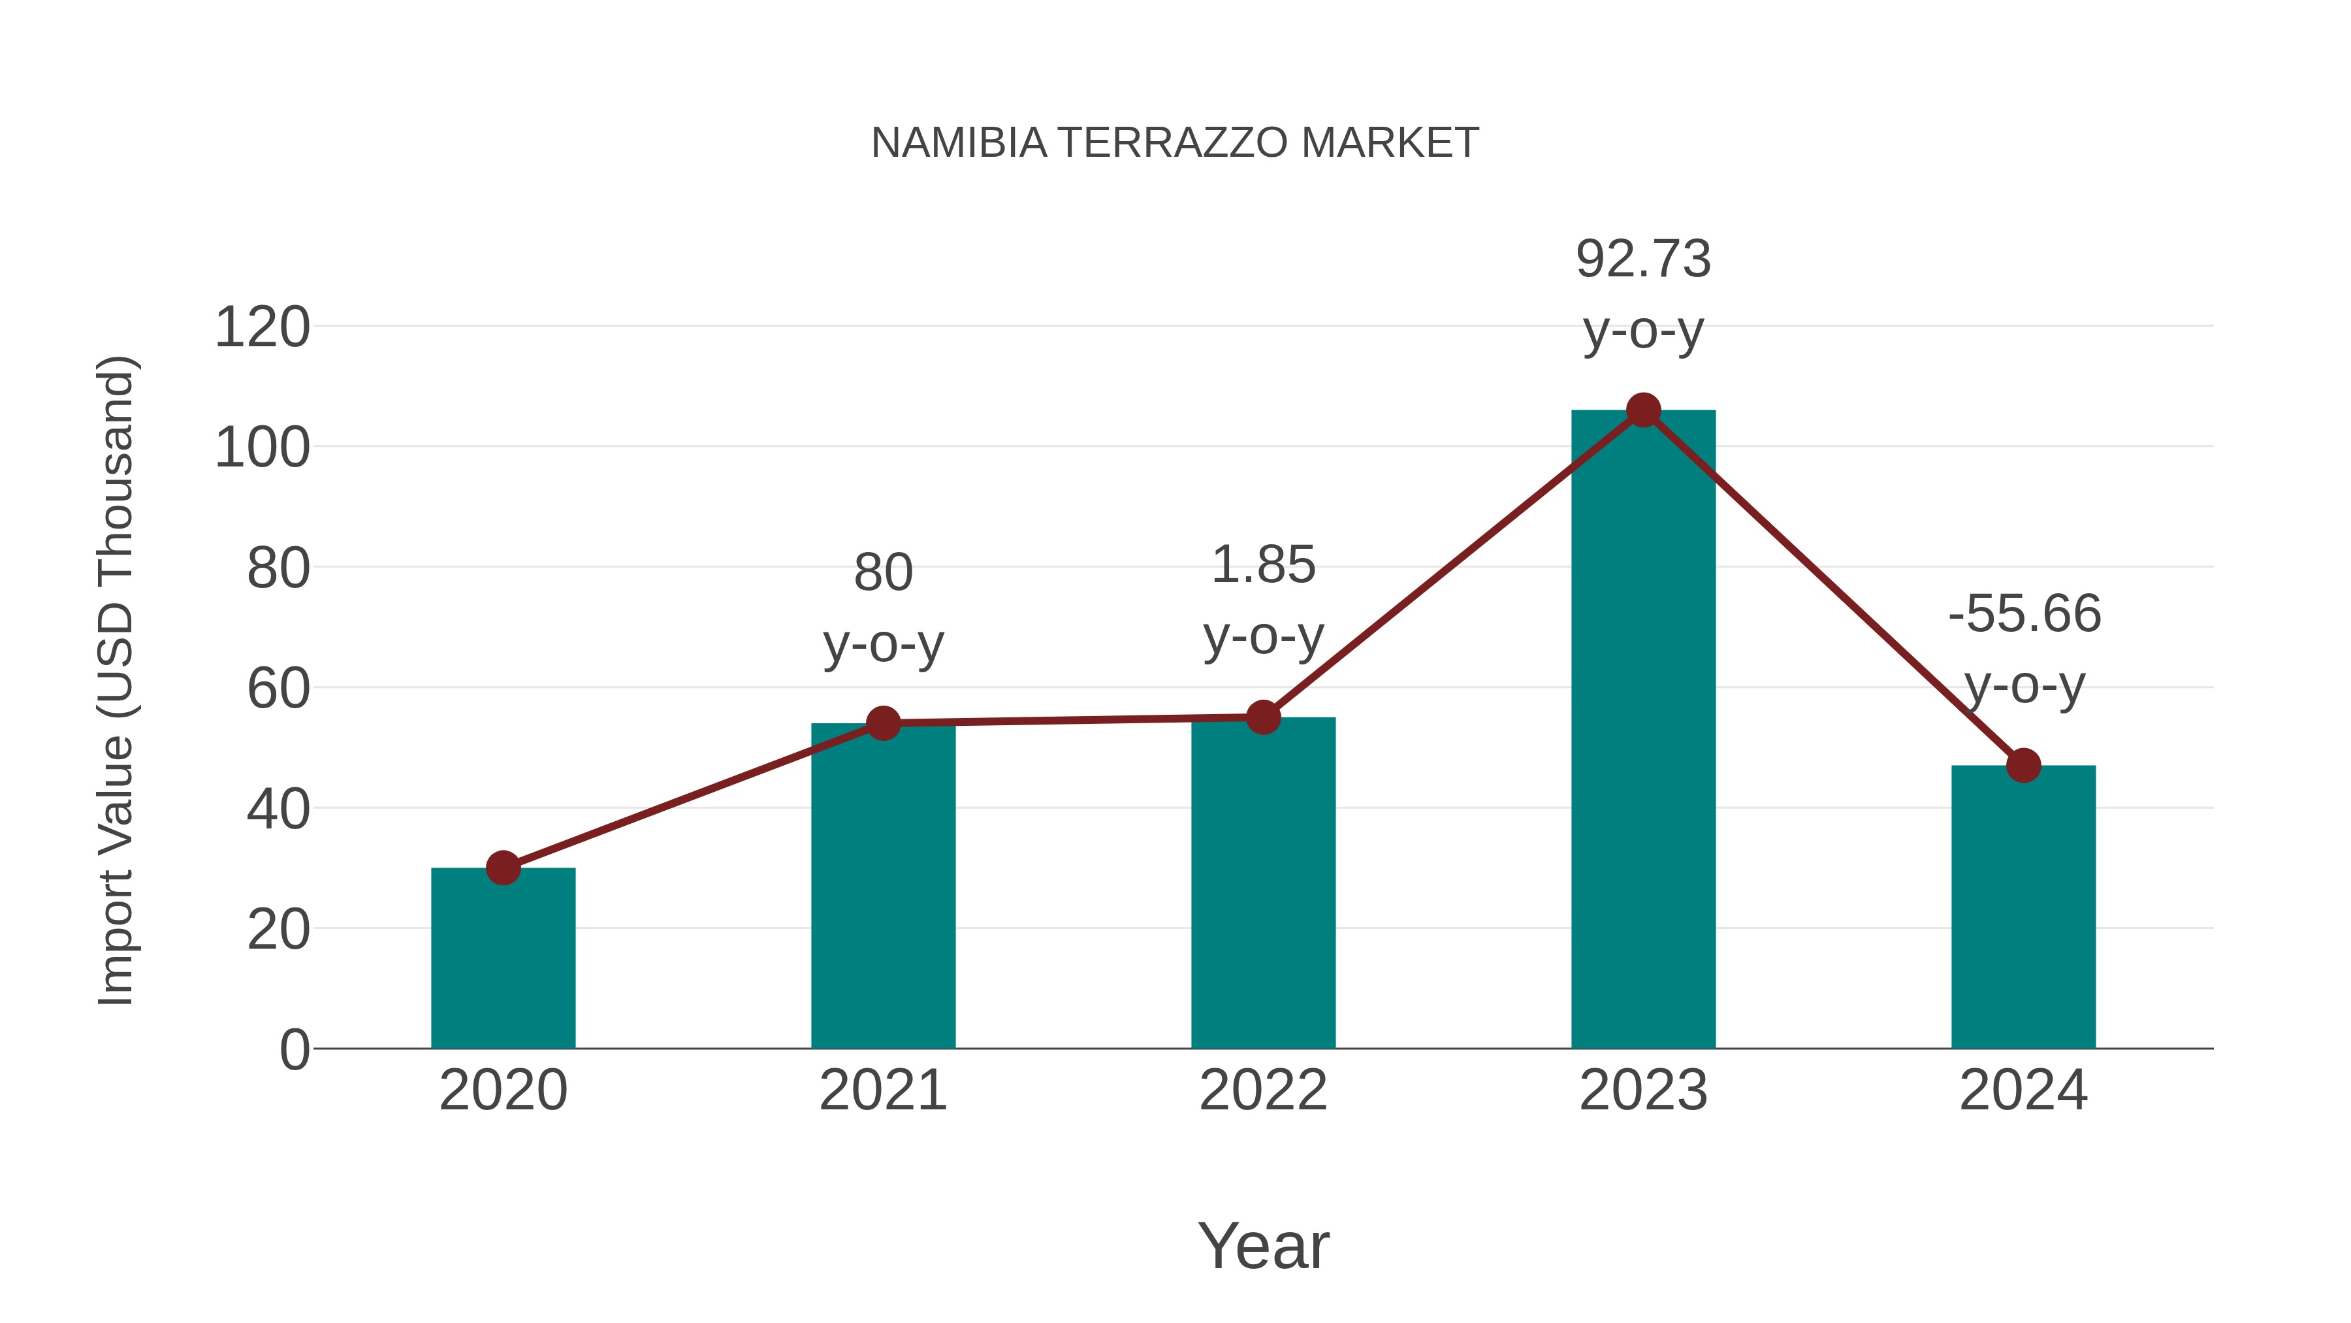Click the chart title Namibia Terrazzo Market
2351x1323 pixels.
coord(1175,143)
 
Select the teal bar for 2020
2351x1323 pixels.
coord(503,958)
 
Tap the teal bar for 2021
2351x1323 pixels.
coord(882,886)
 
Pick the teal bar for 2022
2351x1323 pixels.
coord(1263,883)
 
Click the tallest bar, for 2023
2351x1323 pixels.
coord(1643,730)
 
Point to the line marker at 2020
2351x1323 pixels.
coord(503,868)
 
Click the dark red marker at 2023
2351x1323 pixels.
coord(1643,411)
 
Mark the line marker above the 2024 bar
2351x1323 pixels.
coord(2023,765)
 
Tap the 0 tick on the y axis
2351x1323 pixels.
coord(295,1049)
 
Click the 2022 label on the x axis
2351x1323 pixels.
coord(1263,1090)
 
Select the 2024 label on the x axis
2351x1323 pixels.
coord(2023,1090)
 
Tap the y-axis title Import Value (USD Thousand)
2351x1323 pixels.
coord(117,680)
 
